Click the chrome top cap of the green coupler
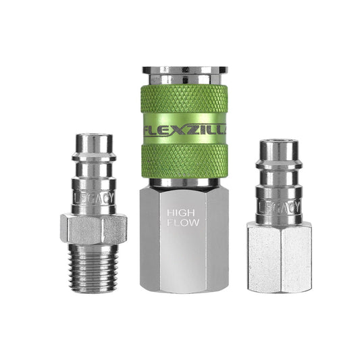[x=180, y=72]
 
